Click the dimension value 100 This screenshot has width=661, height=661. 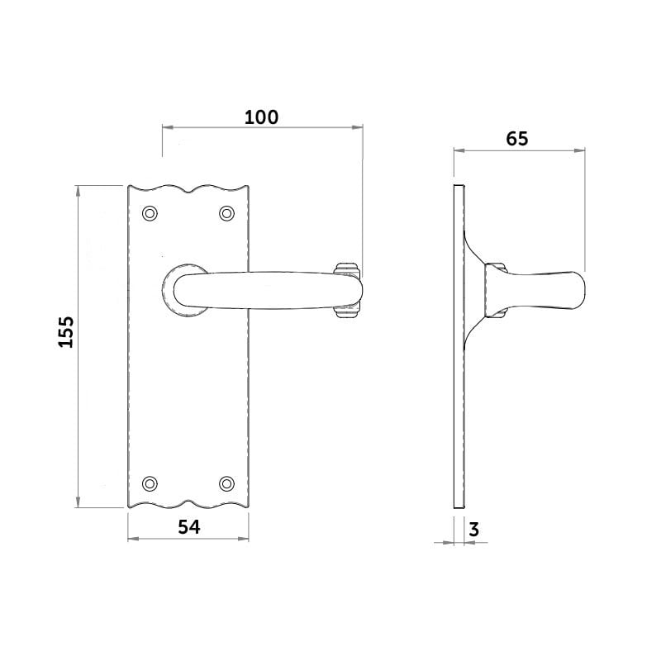tap(261, 117)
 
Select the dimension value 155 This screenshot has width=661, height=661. tap(66, 331)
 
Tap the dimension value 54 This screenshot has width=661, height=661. tap(190, 527)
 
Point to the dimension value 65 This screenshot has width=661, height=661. tap(516, 139)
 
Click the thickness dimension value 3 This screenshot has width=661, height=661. tap(473, 530)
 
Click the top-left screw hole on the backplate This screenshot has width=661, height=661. tap(150, 213)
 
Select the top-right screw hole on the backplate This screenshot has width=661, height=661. tap(226, 213)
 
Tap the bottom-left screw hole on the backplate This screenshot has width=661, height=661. tap(150, 483)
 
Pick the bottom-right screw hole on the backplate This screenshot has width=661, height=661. tap(226, 483)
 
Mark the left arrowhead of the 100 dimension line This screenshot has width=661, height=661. tap(164, 127)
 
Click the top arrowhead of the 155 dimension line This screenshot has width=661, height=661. tap(78, 191)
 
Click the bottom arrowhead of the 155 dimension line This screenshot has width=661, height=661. tap(78, 503)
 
